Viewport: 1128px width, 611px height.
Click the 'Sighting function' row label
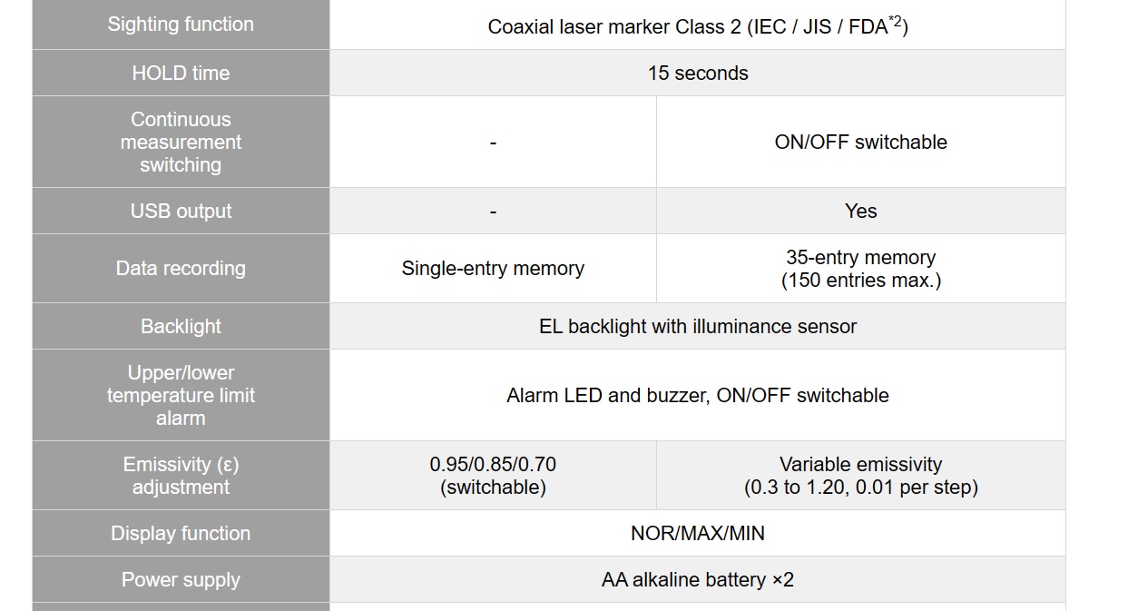point(181,25)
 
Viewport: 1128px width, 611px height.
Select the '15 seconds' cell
point(698,73)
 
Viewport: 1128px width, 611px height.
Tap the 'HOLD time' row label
point(181,73)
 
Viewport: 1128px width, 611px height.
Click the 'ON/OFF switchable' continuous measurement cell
point(860,142)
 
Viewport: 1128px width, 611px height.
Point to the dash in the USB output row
point(493,211)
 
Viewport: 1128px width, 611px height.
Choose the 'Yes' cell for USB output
point(860,211)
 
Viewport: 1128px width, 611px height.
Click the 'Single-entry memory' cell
point(493,268)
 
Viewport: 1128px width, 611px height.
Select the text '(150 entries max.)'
point(860,280)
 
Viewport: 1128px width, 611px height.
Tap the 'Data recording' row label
point(181,268)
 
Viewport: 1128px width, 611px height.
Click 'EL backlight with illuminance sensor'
point(698,327)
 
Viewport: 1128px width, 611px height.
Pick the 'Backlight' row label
point(181,327)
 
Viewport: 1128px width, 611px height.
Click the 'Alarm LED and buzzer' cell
point(698,396)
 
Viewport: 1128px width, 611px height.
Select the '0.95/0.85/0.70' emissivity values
point(493,464)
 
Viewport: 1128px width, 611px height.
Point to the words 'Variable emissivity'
point(860,464)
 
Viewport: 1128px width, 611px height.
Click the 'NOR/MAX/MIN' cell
point(698,533)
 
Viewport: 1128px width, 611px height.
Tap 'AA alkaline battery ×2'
point(698,579)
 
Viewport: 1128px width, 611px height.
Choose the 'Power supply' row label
point(181,579)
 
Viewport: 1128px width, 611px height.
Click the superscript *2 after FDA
point(895,21)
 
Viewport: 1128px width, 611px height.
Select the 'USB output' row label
point(181,211)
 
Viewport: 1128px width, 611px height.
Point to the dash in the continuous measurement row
point(493,143)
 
